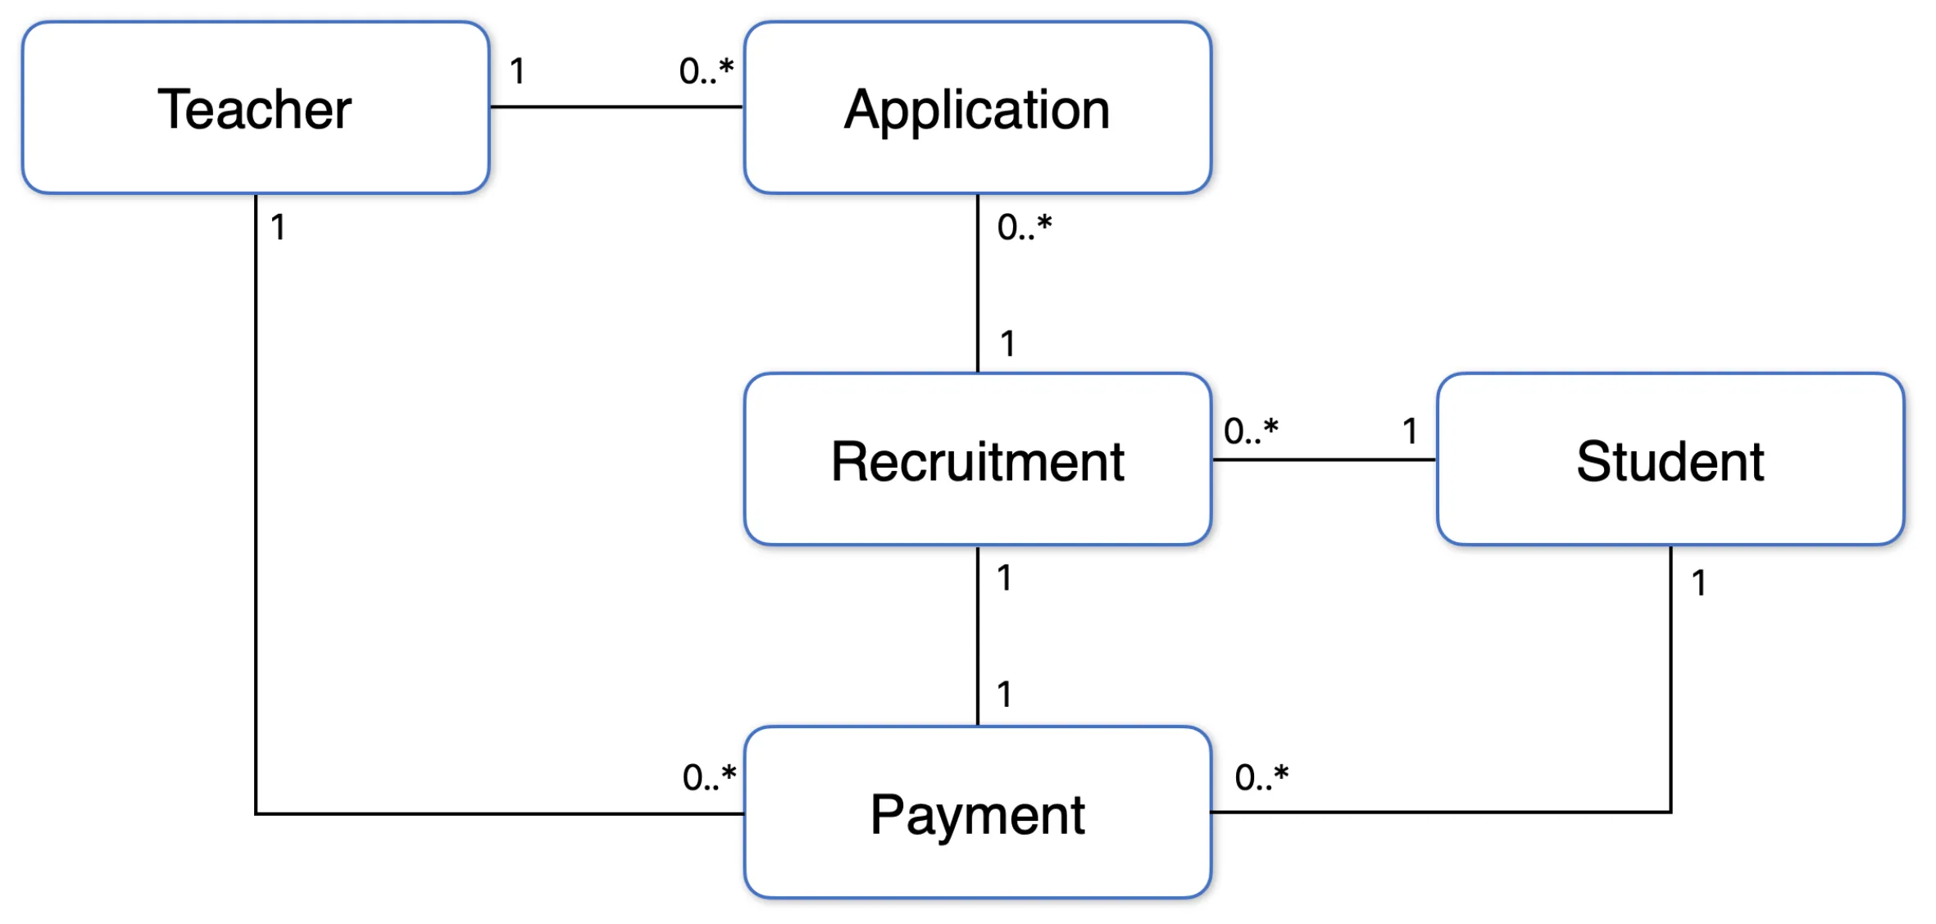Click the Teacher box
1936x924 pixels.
[256, 107]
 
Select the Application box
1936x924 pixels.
[978, 107]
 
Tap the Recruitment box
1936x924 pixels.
[978, 460]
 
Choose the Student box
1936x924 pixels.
[1670, 460]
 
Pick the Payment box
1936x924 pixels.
[978, 813]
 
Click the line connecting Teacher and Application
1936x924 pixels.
[617, 106]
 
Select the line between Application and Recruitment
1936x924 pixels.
[978, 283]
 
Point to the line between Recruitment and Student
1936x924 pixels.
[1325, 460]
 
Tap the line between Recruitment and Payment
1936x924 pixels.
[978, 636]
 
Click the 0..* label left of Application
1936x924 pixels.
[706, 70]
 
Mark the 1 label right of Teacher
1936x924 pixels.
[517, 71]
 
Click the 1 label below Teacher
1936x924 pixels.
[279, 227]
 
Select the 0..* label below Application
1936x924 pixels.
[1025, 227]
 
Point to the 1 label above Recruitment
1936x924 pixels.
[1008, 343]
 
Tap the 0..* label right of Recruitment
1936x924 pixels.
[1251, 431]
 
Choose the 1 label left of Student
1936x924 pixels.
[1410, 431]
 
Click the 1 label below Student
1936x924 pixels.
[1699, 583]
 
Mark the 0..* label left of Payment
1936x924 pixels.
[710, 777]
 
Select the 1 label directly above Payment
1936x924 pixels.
[1005, 695]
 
